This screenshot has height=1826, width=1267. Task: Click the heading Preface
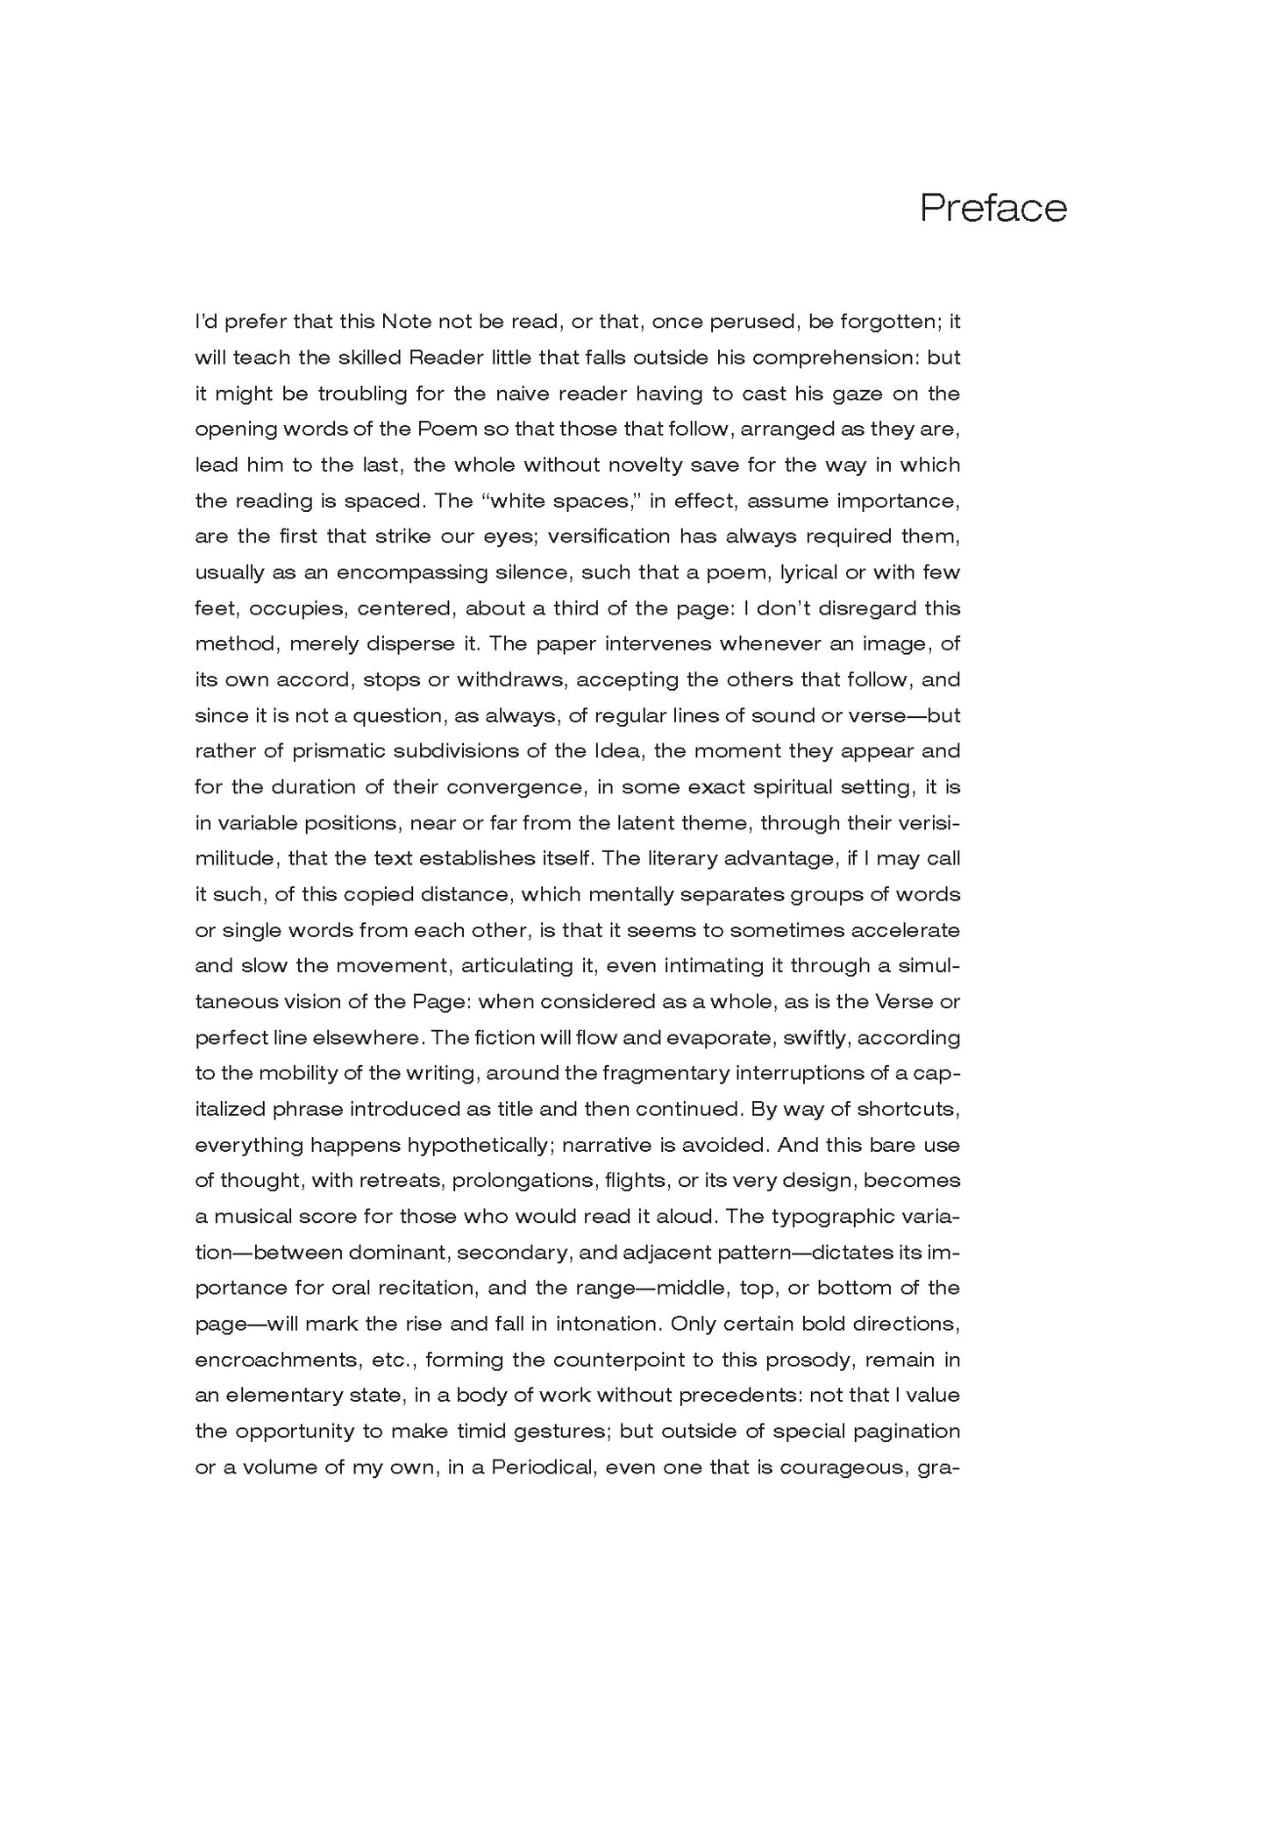click(x=993, y=209)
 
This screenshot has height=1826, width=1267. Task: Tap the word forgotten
click(x=889, y=322)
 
